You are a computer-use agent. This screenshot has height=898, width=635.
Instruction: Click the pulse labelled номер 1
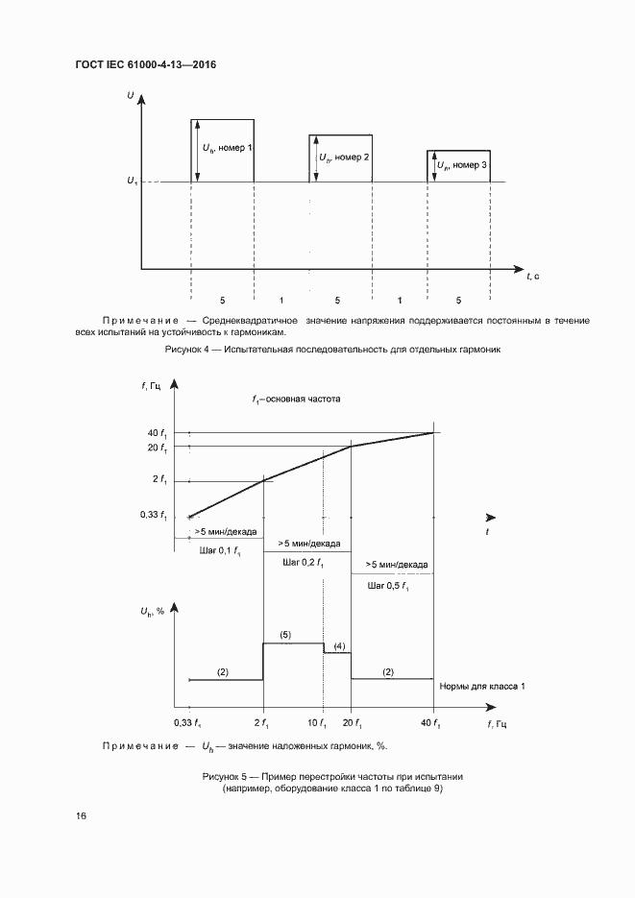[x=223, y=149]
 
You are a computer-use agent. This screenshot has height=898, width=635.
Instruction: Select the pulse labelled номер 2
[x=340, y=158]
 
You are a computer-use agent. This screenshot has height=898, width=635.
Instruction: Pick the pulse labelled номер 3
[x=458, y=165]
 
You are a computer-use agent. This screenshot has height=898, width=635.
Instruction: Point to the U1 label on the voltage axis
[x=131, y=182]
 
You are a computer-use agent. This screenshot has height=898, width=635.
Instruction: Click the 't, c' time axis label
[x=532, y=276]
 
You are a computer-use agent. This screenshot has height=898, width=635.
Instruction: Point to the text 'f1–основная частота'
[x=296, y=398]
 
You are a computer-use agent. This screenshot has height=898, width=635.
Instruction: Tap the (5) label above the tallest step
[x=285, y=635]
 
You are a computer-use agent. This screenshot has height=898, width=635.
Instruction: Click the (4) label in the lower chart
[x=339, y=645]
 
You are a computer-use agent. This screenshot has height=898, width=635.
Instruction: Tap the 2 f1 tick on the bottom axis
[x=263, y=722]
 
